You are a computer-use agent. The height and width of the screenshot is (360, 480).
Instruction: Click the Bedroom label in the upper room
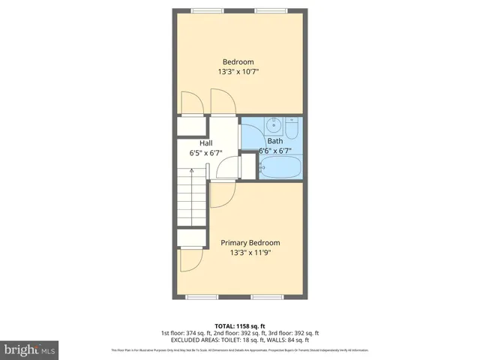coord(238,61)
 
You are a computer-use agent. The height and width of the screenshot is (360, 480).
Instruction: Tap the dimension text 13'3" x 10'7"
coord(238,72)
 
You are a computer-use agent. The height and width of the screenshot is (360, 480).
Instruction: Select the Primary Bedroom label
coord(250,242)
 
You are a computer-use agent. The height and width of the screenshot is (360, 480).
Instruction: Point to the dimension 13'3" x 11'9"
coord(250,253)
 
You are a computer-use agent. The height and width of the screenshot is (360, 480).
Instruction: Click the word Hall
coord(205,142)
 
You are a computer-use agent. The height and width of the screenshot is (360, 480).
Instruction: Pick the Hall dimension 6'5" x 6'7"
coord(205,153)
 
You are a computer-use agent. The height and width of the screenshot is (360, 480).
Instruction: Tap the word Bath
coord(275,140)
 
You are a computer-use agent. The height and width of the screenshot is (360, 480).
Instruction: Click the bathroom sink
coord(274,124)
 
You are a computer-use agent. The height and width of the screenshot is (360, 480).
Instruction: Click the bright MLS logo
coord(30,349)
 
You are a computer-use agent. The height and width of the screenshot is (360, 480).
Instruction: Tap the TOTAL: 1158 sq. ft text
coord(240,325)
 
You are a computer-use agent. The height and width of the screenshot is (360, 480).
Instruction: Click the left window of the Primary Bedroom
coord(202,297)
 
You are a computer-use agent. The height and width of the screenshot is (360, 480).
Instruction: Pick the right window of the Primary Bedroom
coord(266,297)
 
